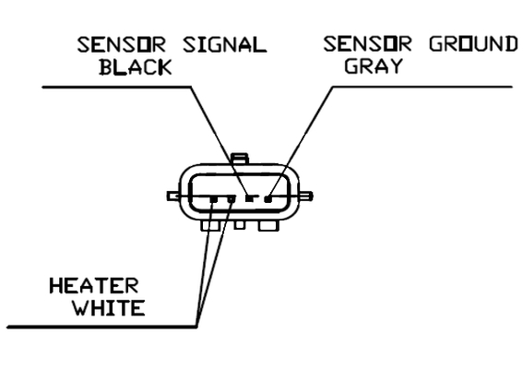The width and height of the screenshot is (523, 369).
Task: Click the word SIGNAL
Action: (225, 44)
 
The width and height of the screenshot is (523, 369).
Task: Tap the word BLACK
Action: (136, 67)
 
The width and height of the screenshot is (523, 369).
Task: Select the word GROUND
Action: (473, 43)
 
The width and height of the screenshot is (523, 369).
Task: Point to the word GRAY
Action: (374, 65)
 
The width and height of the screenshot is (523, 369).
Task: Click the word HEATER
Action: (94, 286)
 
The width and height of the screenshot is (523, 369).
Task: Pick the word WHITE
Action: (109, 307)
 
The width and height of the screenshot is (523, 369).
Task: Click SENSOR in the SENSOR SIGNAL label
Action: (122, 44)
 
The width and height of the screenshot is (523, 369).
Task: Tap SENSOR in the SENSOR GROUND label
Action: (367, 43)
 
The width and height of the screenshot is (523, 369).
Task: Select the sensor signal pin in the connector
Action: (249, 198)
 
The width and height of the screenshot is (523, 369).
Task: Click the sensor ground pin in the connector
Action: (267, 199)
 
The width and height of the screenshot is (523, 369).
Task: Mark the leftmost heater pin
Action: (214, 199)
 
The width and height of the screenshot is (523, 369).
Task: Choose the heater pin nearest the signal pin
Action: (232, 199)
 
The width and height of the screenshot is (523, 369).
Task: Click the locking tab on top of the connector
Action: (240, 158)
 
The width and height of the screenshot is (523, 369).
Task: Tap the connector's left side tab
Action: (173, 196)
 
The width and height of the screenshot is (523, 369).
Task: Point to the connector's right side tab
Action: (306, 196)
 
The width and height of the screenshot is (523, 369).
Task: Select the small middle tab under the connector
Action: (239, 225)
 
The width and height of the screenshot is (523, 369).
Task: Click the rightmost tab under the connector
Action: (268, 226)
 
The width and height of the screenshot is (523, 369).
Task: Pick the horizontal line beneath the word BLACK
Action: (116, 88)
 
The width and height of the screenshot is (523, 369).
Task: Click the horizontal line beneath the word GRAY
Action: (422, 87)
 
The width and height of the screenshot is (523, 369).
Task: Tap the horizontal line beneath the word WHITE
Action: (102, 327)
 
